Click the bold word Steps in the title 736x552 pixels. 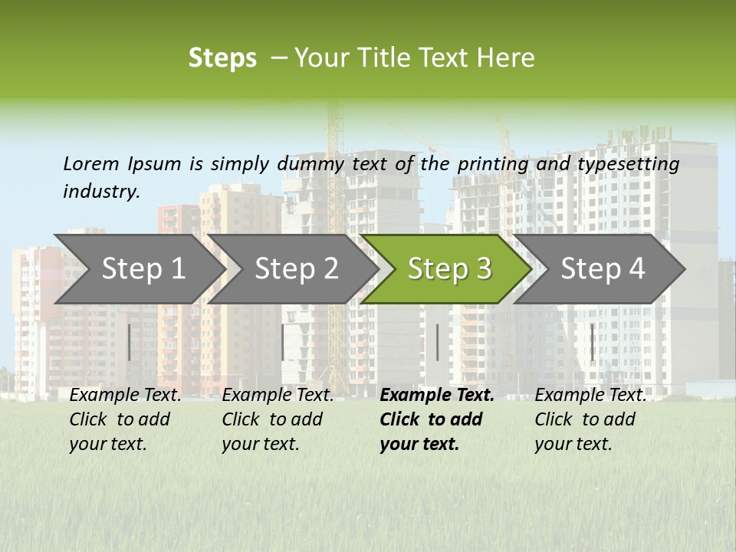[x=222, y=58]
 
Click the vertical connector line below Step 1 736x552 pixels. [x=130, y=342]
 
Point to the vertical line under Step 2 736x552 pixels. [x=283, y=342]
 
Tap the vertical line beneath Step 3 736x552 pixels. [x=437, y=342]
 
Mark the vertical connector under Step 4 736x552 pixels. [x=592, y=342]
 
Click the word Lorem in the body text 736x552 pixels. [x=91, y=163]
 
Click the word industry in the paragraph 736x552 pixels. [x=101, y=192]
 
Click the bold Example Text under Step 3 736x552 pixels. [x=437, y=396]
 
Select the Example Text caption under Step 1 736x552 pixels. [x=125, y=396]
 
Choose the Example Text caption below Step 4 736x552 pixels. [x=590, y=396]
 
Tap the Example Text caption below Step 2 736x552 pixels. [x=278, y=396]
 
